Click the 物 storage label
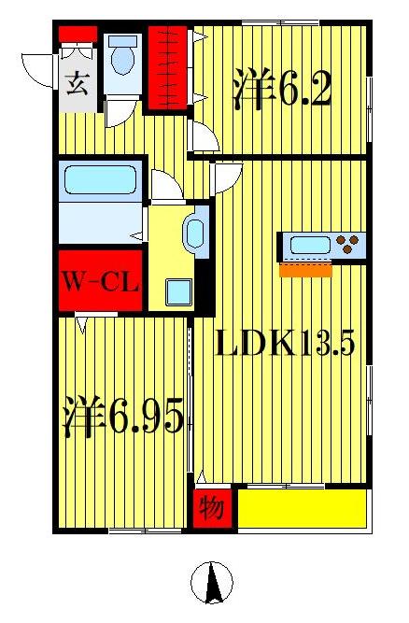pos(212,509)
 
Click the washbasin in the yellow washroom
pos(196,233)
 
